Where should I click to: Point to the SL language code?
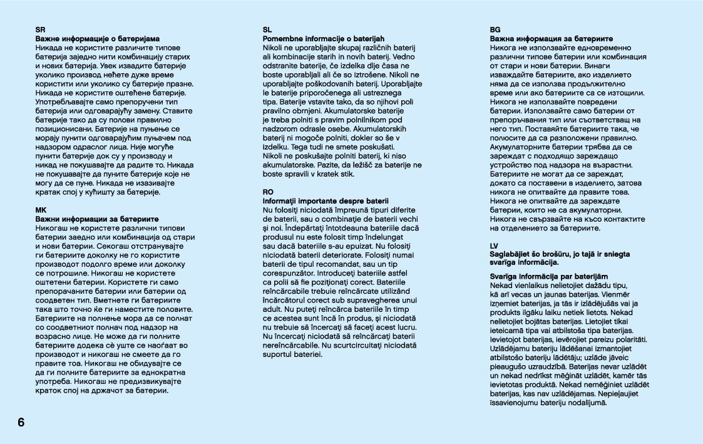coord(267,29)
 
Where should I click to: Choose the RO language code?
coord(268,192)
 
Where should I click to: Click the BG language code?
coord(495,29)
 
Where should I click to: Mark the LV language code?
coord(494,246)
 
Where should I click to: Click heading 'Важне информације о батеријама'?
coord(98,39)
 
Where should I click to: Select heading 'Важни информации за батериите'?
coord(97,219)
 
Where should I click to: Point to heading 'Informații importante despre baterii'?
coord(326,200)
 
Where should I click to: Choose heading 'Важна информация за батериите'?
coord(551,39)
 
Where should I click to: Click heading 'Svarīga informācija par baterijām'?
coord(548,276)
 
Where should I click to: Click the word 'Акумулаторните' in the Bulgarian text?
coord(521,147)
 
